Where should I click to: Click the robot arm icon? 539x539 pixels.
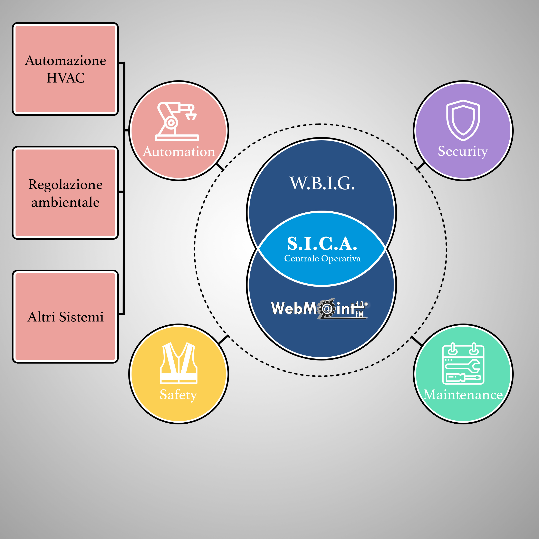pos(177,121)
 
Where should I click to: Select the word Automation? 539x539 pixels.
pos(179,152)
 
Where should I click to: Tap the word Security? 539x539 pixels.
pos(463,151)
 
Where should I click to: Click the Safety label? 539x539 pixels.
pos(178,394)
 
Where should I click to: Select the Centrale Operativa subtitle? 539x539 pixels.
pos(322,259)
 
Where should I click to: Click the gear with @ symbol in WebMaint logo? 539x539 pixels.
pos(327,308)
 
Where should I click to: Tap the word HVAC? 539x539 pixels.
pos(66,78)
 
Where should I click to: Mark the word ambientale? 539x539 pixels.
pos(65,202)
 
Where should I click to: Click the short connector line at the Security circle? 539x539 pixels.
pos(420,166)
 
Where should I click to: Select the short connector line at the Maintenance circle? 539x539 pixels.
pos(416,341)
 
